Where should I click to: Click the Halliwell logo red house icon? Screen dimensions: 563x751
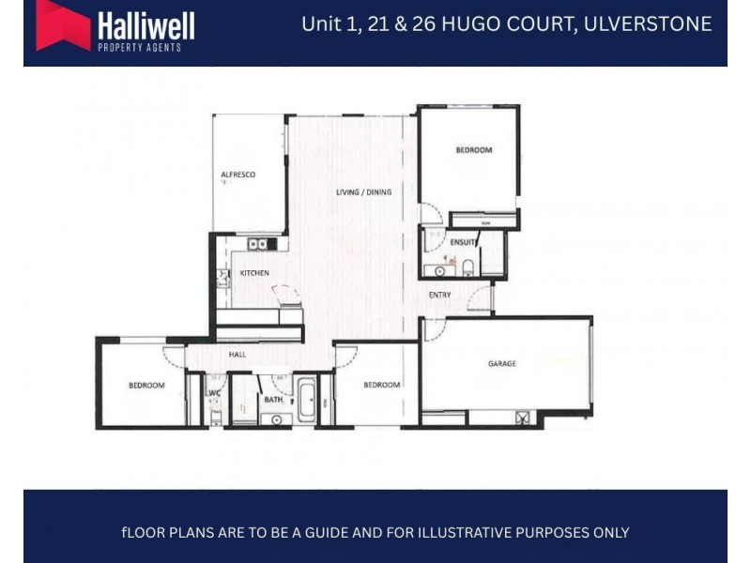[63, 24]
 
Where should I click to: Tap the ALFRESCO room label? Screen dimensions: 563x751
[238, 175]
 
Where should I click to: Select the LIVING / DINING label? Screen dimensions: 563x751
[363, 192]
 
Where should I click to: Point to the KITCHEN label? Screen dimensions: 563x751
[254, 273]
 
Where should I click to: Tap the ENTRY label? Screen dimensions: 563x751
[439, 295]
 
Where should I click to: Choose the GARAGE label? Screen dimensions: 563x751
[502, 363]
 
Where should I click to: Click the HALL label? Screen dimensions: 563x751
[238, 355]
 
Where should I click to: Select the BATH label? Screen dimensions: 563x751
[273, 400]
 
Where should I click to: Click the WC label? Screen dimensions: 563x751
[214, 393]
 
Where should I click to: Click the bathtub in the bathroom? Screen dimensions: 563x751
[307, 401]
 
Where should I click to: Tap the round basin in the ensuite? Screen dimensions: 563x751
[439, 271]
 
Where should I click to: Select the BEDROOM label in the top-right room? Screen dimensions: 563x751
[473, 150]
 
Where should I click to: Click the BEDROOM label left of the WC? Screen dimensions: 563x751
[146, 385]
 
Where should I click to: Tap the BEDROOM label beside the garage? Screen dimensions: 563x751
[382, 385]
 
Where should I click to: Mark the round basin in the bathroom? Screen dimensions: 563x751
[277, 419]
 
